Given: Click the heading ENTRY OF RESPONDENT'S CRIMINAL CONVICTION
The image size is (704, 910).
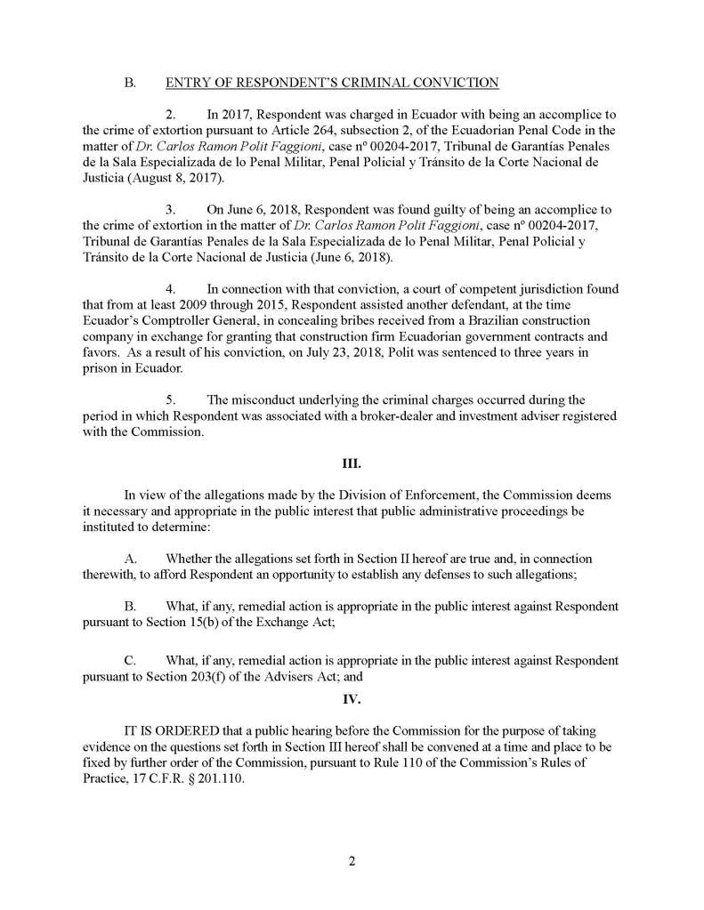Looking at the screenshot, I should point(332,84).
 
